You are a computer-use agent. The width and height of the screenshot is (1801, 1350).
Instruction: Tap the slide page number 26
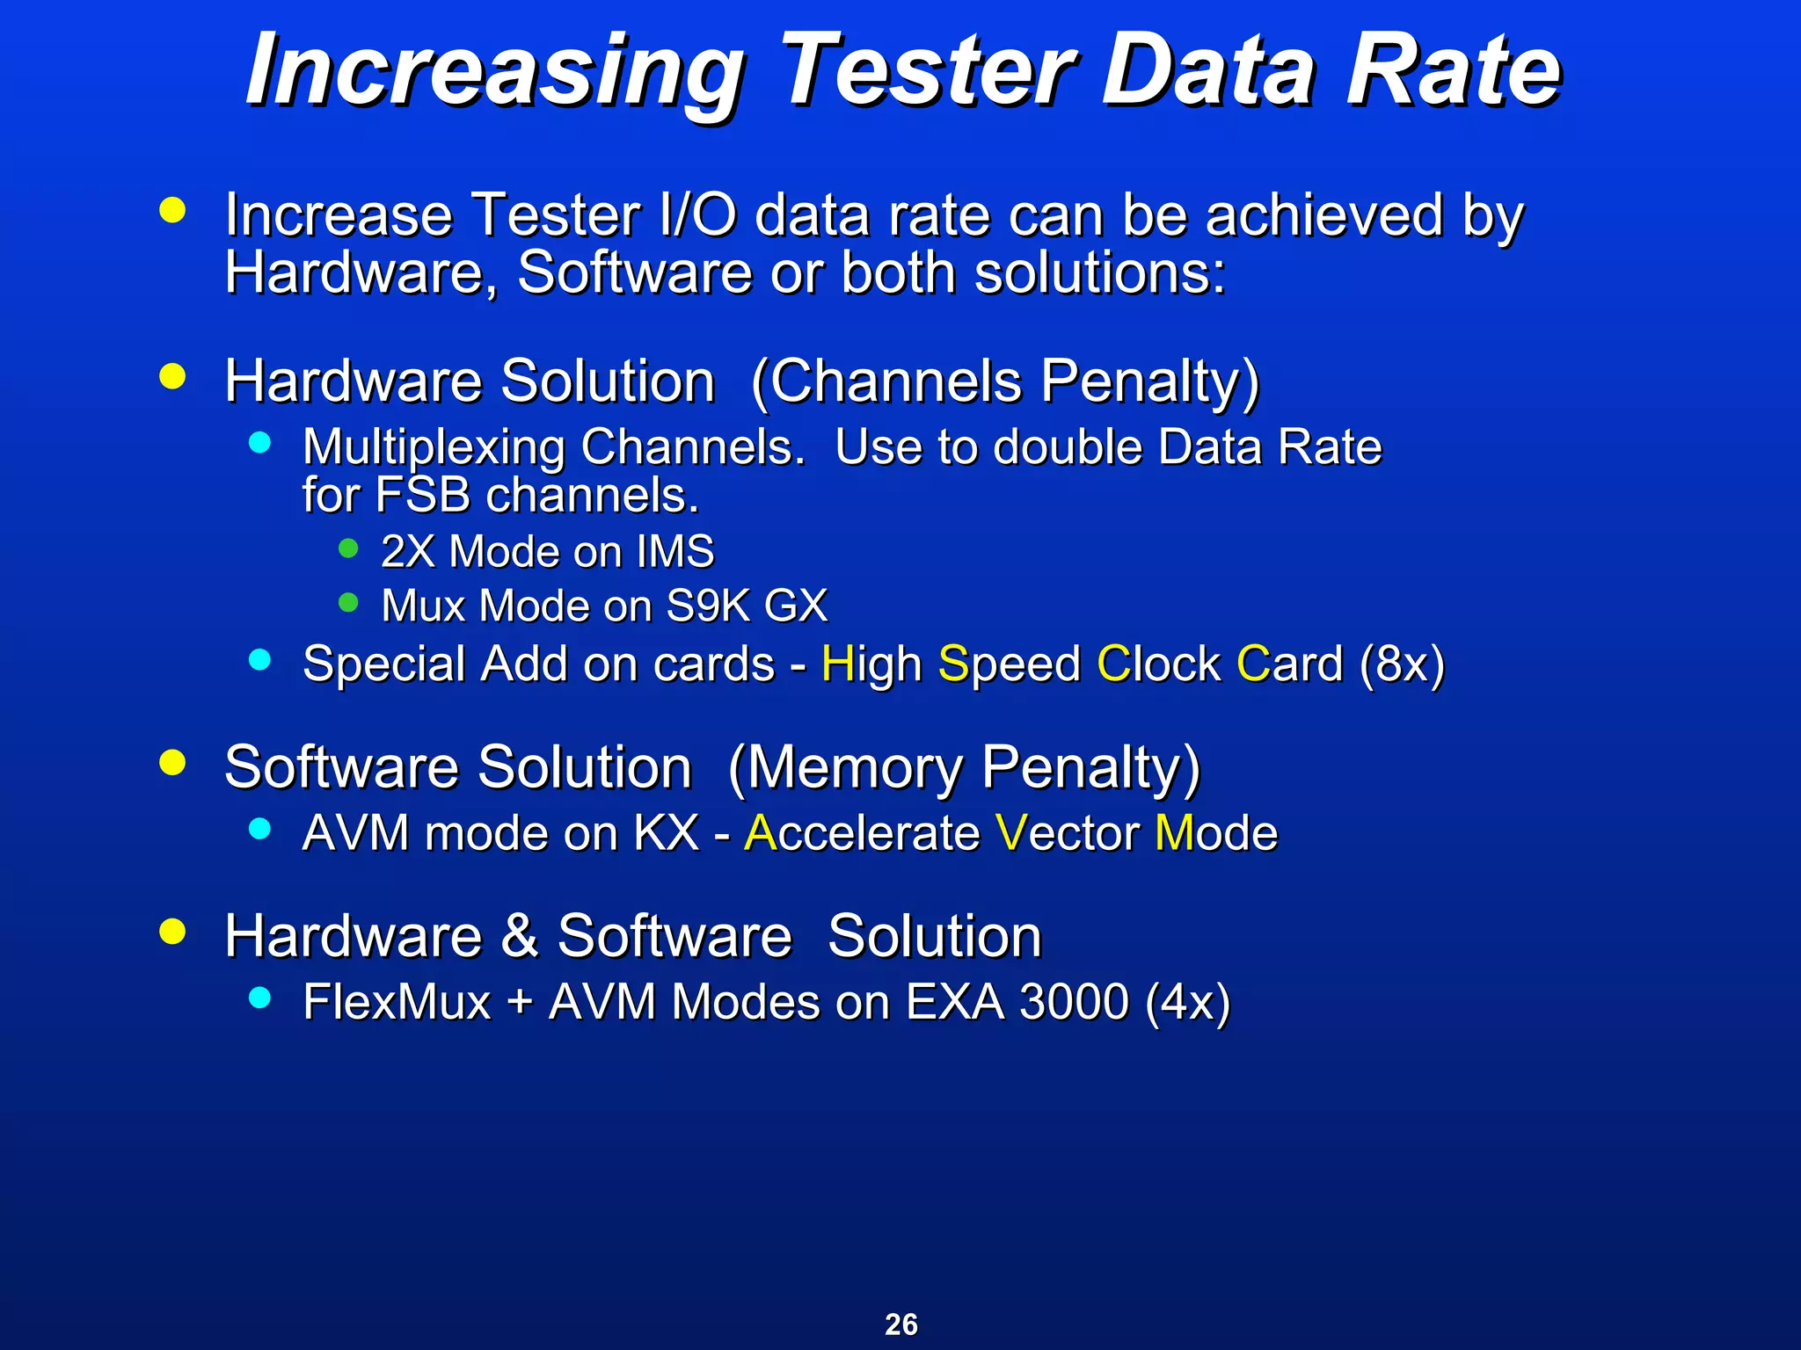(901, 1324)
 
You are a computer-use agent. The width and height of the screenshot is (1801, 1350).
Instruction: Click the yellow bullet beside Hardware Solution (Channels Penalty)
(173, 376)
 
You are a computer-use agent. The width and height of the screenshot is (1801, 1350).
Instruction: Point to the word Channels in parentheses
(895, 381)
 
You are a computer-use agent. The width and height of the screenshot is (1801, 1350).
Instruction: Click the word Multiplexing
(434, 448)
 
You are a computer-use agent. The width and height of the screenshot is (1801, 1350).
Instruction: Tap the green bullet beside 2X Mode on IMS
(348, 548)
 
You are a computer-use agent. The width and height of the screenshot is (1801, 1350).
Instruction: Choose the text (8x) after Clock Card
(1402, 664)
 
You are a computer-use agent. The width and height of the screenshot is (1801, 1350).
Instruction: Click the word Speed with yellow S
(1009, 664)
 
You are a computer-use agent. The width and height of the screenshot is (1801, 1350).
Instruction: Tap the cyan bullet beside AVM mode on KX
(259, 827)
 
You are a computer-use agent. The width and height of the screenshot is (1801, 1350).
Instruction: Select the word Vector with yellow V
(1067, 833)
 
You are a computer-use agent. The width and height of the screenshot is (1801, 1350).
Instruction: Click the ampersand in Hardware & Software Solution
(520, 935)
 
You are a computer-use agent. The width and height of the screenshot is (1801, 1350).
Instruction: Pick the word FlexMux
(397, 1002)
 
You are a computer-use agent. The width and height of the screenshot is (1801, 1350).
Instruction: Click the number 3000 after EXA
(1073, 1002)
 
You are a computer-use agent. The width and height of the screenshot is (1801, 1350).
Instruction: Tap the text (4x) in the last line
(1187, 1002)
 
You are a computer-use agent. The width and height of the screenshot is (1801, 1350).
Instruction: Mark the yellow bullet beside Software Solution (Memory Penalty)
(173, 762)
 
